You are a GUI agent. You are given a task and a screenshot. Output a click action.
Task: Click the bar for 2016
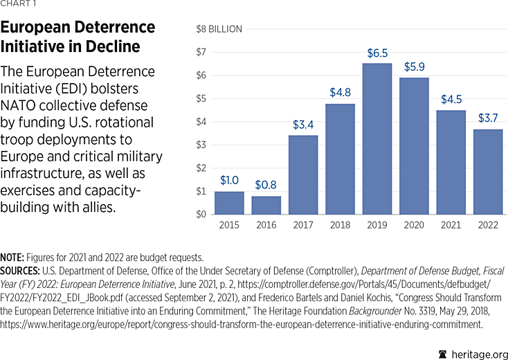coord(266,205)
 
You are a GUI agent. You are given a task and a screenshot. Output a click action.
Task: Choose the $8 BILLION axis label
coord(219,29)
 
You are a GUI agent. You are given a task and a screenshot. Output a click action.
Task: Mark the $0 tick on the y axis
coord(201,214)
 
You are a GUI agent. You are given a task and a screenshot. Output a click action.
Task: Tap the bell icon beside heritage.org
coord(443,353)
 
